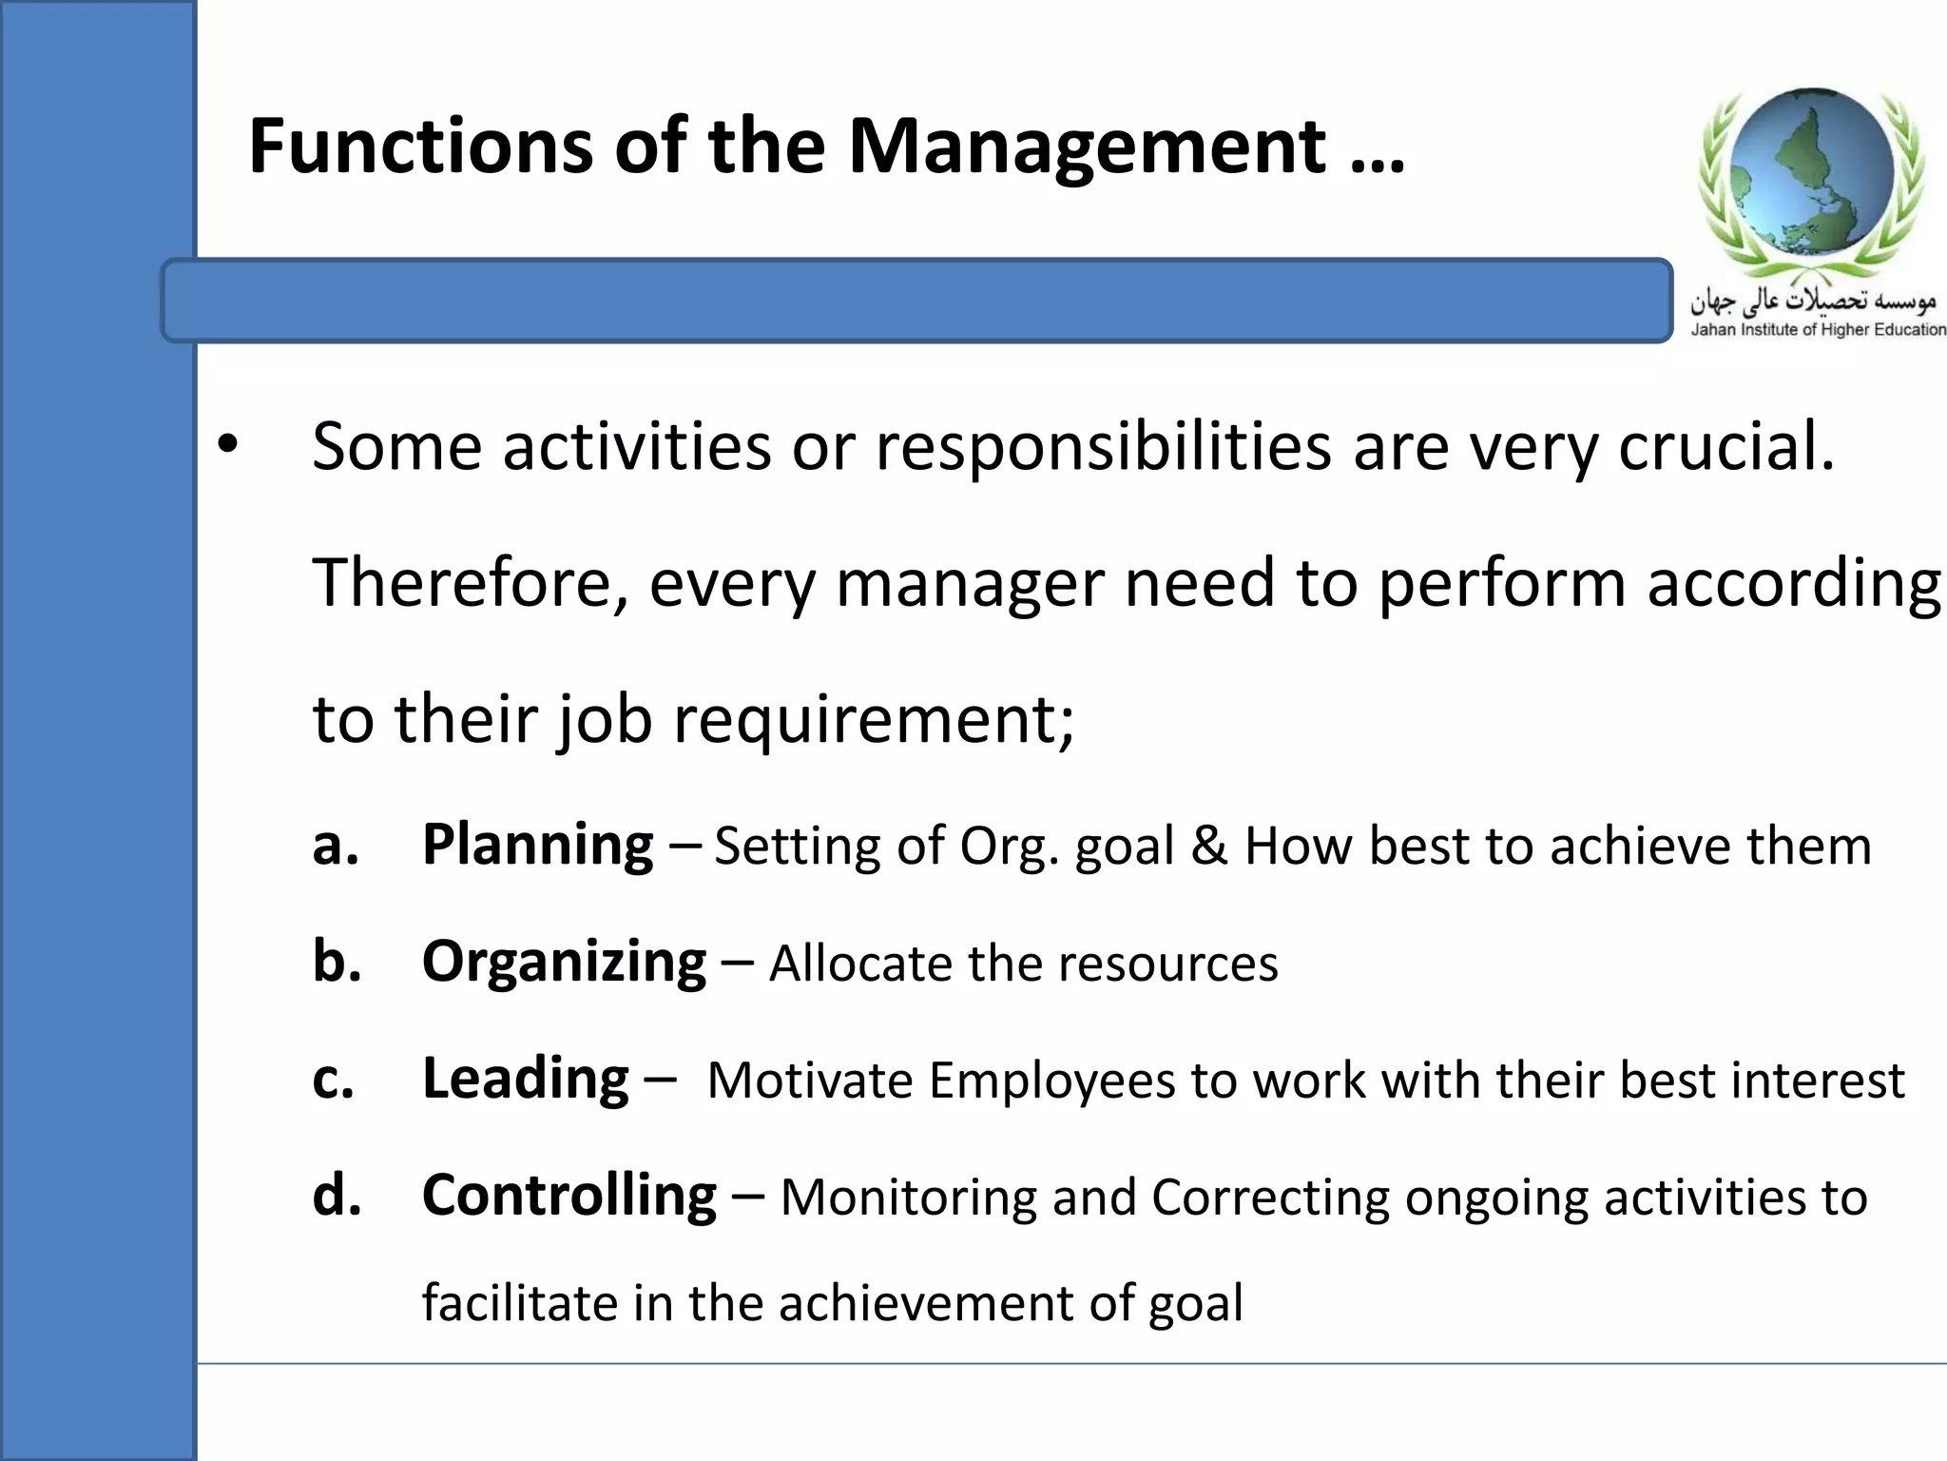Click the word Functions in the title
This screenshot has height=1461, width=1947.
[419, 146]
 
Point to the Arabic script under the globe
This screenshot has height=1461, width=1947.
[1812, 300]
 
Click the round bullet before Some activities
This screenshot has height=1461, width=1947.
[227, 444]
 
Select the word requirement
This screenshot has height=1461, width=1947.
[874, 719]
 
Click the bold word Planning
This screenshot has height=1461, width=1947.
[537, 845]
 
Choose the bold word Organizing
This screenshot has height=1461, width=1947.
[564, 962]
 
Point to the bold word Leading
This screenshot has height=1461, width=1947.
[525, 1079]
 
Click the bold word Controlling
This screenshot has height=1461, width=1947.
[569, 1196]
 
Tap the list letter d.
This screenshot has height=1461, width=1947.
[337, 1196]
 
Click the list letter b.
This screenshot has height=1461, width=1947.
[337, 962]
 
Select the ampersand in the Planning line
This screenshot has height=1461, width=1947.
[1208, 846]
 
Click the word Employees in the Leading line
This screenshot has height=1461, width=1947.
[1052, 1081]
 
